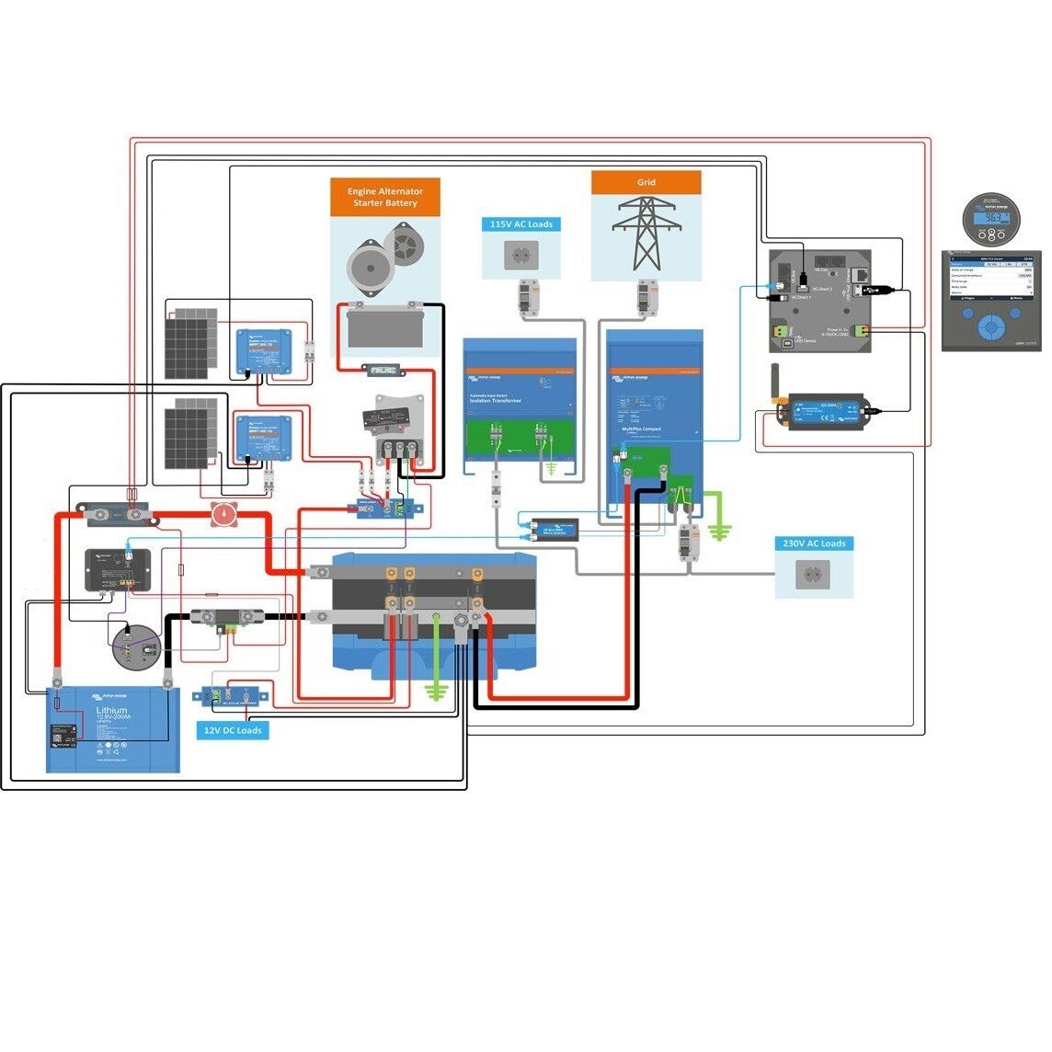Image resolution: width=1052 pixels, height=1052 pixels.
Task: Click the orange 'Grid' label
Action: [x=646, y=182]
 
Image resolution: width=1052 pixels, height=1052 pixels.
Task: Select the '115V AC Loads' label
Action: [x=520, y=224]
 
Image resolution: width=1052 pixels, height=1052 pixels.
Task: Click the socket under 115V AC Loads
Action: [x=520, y=255]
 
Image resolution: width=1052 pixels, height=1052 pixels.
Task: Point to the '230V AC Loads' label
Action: [x=814, y=543]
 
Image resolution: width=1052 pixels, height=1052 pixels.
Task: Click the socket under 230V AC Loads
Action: [x=814, y=576]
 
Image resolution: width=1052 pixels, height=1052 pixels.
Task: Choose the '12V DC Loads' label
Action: [x=233, y=730]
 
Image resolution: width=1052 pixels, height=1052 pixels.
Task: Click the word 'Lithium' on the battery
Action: [x=111, y=710]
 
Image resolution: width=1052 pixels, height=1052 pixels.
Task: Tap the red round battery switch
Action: [x=223, y=515]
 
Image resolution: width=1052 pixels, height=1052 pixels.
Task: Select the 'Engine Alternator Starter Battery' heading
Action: [x=384, y=197]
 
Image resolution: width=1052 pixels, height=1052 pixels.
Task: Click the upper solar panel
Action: [x=191, y=342]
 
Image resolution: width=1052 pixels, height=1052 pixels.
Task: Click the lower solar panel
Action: [x=191, y=432]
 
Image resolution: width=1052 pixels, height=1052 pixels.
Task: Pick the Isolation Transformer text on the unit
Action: [x=496, y=401]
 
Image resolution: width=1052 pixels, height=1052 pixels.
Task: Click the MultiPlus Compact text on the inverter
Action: [x=641, y=429]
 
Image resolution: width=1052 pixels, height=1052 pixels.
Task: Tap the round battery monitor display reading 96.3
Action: [x=992, y=217]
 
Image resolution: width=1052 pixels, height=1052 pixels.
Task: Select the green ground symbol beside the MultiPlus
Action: [x=720, y=529]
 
